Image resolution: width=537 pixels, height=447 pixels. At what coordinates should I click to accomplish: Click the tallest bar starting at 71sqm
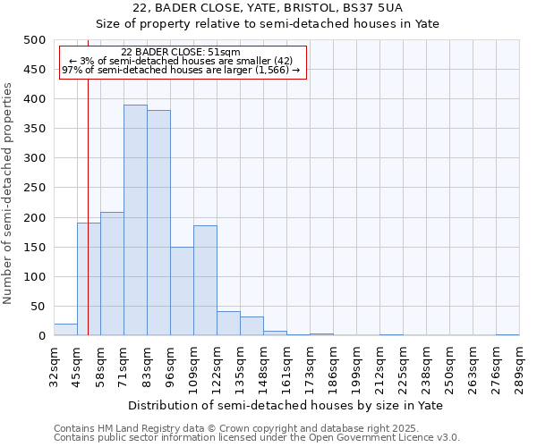[135, 220]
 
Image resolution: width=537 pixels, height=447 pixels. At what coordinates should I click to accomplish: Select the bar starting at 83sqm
[158, 223]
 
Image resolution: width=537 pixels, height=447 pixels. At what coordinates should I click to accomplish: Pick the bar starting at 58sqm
[112, 274]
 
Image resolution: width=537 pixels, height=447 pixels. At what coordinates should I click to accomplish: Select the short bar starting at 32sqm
[65, 330]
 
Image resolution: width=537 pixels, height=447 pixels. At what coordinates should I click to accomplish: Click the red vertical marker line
[88, 179]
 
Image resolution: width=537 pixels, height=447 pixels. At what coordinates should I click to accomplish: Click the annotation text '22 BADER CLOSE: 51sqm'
[181, 53]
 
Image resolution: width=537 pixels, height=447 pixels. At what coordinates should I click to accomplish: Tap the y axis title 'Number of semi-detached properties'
[9, 193]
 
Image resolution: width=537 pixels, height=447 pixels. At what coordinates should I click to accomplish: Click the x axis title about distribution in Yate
[286, 405]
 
